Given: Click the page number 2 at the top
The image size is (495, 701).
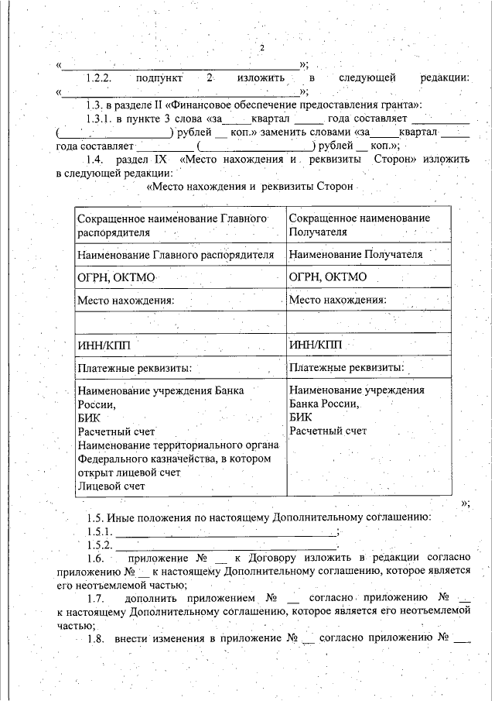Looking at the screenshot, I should pos(261,49).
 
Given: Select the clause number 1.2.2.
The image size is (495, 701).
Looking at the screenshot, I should pos(100,78).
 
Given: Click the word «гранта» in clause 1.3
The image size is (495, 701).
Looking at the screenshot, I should pos(398,105).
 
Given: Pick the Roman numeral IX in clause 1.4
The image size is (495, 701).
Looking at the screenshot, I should pos(161,160).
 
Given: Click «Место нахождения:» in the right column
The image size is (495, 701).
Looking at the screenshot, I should pos(337,299).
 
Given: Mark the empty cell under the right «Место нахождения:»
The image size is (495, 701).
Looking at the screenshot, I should pos(368,321).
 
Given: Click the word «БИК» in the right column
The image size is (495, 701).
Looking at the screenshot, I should pos(300,417).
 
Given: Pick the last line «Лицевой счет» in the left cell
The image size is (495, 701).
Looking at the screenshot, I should pos(111,486).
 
